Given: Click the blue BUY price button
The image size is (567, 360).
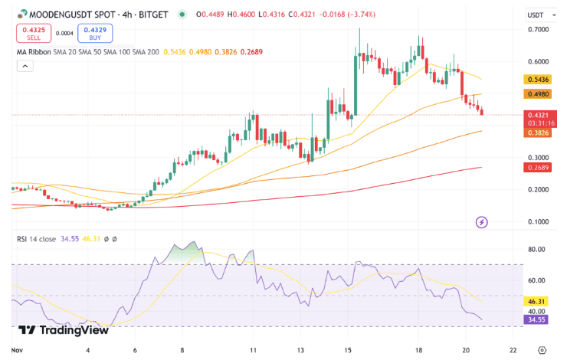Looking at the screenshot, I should (x=95, y=33).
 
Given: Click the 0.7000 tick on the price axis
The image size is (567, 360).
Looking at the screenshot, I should (x=538, y=30).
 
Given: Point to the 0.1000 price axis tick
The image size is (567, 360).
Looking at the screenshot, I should (x=538, y=222).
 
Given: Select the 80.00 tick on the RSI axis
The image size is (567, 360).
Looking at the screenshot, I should (x=536, y=250).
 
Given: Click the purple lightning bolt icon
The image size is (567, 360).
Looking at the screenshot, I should (x=482, y=222).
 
